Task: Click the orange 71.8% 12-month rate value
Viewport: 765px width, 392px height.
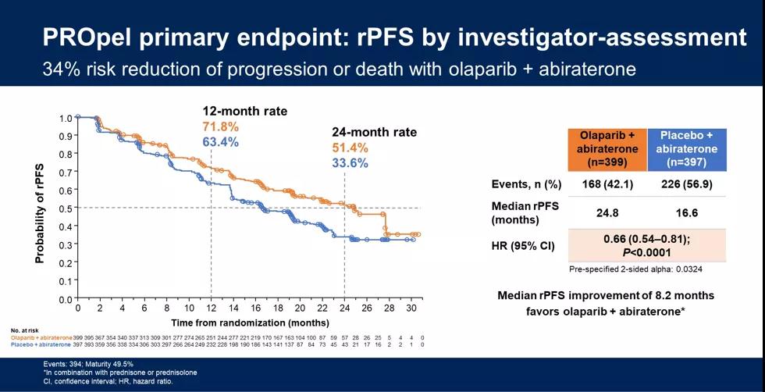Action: [221, 127]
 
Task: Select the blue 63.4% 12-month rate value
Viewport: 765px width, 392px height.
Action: [221, 142]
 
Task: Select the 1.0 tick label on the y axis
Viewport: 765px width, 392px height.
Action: [66, 118]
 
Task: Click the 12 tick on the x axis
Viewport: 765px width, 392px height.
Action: [211, 308]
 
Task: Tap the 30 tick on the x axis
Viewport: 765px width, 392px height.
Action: [411, 308]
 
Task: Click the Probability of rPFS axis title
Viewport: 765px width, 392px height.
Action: [40, 213]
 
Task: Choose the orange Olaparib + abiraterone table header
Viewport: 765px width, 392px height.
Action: [607, 149]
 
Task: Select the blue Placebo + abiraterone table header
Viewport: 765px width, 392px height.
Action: [687, 149]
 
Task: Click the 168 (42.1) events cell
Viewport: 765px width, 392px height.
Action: [607, 184]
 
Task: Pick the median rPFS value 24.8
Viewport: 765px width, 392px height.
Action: [607, 212]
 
